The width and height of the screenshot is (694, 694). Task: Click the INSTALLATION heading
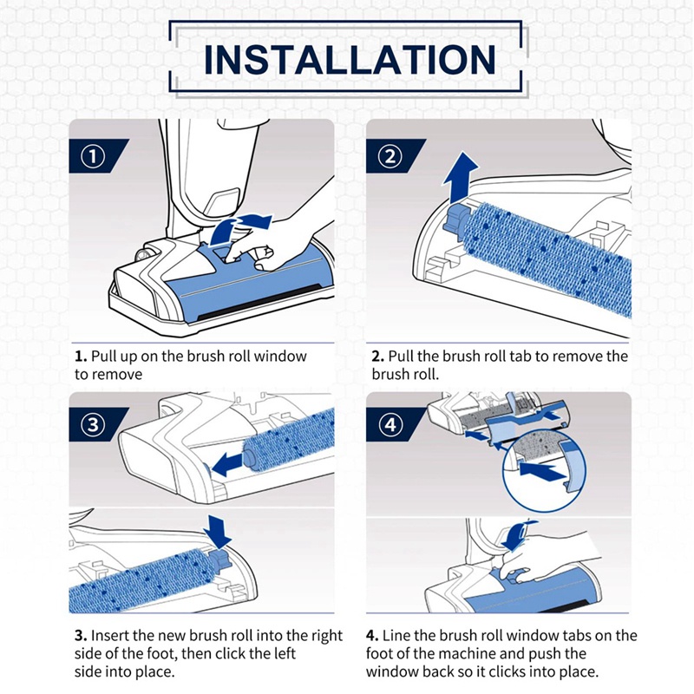click(350, 59)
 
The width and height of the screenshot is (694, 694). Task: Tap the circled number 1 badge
click(93, 156)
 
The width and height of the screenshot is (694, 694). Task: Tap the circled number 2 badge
click(390, 156)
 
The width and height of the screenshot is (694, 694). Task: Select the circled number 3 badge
click(93, 425)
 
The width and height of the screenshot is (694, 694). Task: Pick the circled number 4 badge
click(390, 425)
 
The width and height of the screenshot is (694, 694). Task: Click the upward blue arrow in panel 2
click(461, 178)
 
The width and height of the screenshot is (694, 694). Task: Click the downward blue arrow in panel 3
click(218, 532)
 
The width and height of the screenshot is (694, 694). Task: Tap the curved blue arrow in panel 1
click(239, 226)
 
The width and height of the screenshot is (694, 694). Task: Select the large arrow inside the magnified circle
click(543, 472)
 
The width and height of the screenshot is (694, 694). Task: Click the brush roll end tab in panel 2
click(456, 219)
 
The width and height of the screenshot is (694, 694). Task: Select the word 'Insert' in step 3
click(110, 636)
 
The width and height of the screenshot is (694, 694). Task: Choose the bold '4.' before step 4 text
click(372, 636)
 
